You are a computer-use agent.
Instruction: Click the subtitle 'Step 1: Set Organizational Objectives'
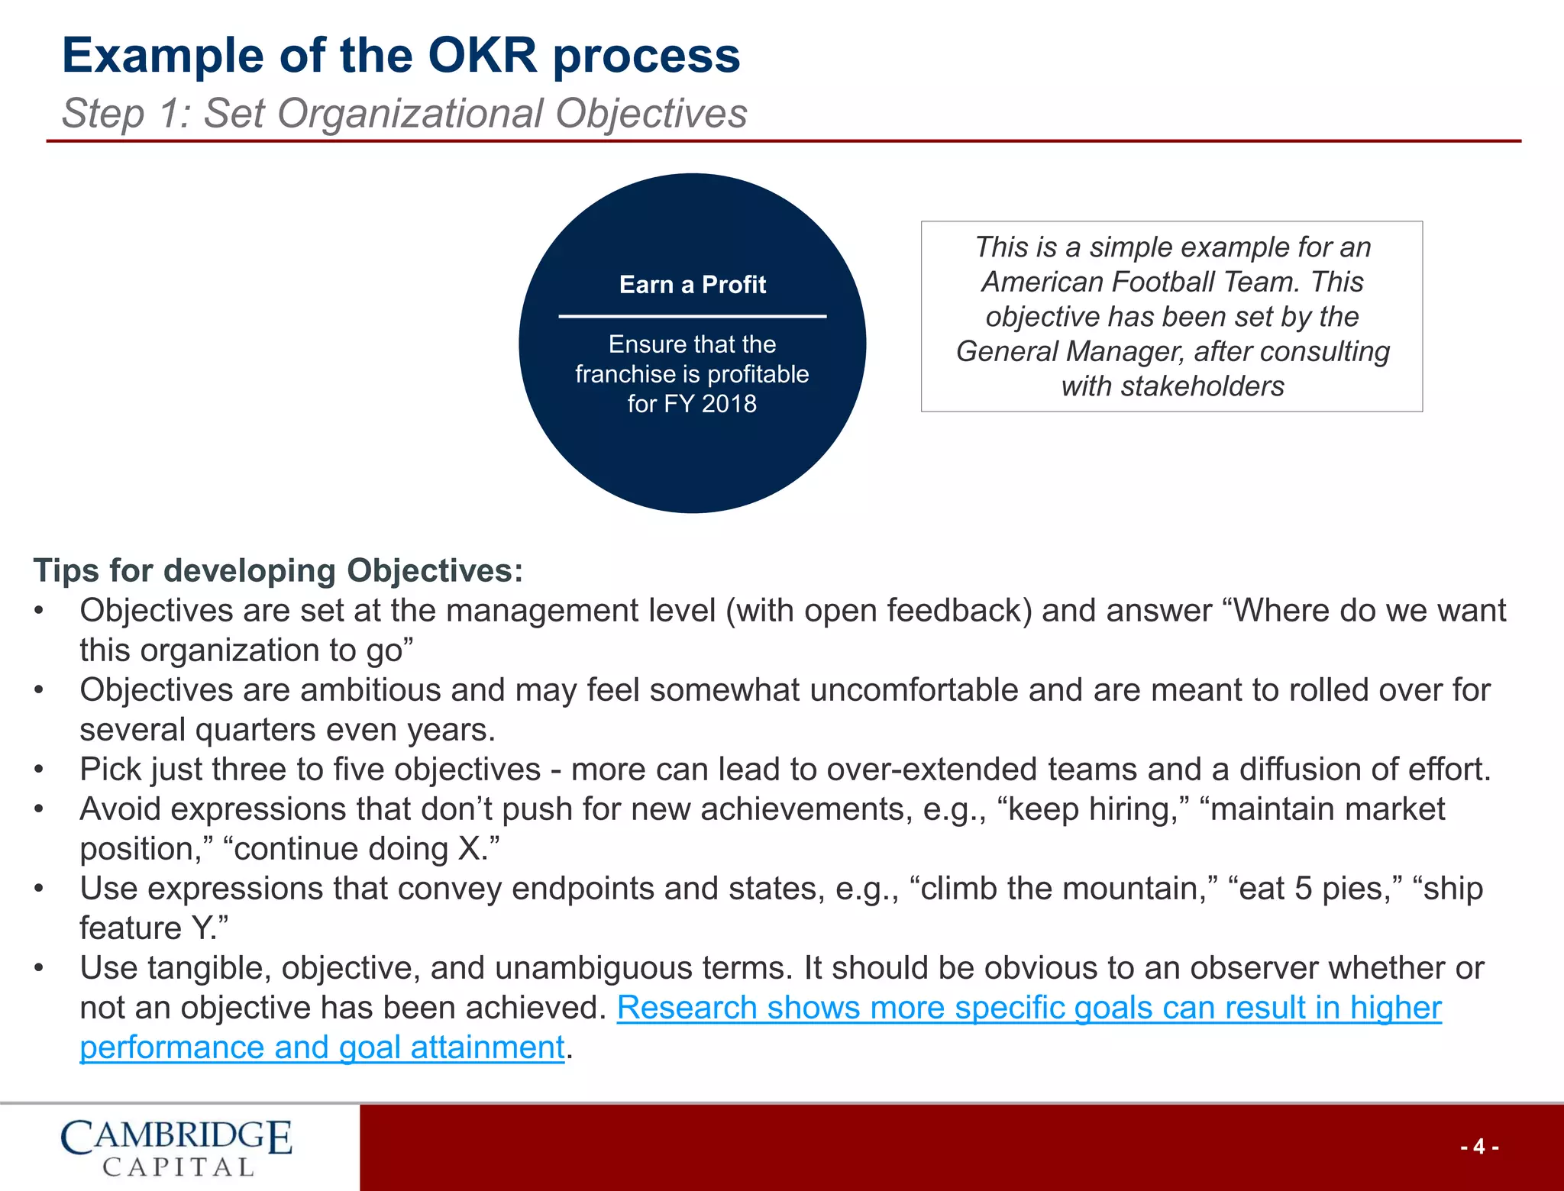coord(404,114)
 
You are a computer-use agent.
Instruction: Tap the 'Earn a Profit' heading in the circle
coord(692,285)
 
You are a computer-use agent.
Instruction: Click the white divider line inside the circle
coord(692,316)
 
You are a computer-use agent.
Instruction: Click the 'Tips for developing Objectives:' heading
coord(279,570)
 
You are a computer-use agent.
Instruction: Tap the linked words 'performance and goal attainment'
coord(322,1047)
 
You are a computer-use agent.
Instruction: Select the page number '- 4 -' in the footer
coord(1478,1147)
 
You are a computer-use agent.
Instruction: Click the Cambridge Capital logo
coord(176,1147)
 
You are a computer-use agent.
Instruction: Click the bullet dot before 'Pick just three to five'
coord(39,770)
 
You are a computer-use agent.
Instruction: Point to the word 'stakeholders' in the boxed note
coord(1203,386)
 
